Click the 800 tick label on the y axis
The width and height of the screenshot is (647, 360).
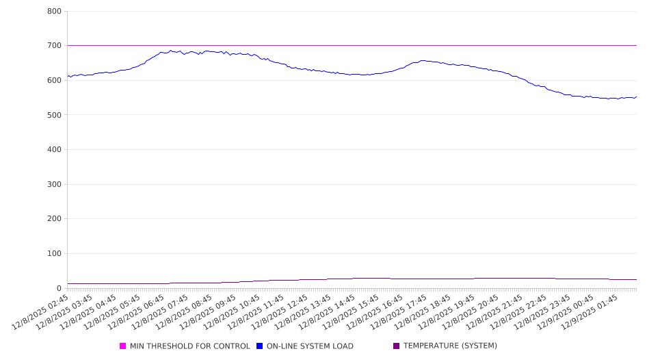point(55,12)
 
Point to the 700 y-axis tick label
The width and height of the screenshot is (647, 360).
point(55,46)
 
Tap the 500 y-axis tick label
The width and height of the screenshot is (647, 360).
point(55,115)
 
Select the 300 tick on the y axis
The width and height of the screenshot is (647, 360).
point(55,184)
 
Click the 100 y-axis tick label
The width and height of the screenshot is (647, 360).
point(55,254)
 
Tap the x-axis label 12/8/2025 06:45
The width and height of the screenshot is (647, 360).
point(142,312)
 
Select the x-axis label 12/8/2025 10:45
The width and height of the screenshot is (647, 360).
point(243,312)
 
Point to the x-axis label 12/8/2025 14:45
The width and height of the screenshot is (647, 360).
point(344,312)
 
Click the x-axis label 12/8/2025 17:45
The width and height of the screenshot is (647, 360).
point(419,312)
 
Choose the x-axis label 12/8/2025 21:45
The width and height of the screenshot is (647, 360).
point(520,312)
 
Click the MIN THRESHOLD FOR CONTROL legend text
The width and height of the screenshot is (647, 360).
point(189,346)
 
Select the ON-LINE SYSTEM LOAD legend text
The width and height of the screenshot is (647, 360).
point(310,346)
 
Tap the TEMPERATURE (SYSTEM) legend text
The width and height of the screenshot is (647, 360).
point(449,346)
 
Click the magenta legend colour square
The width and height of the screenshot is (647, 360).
point(123,346)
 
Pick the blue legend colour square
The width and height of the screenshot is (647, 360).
point(260,346)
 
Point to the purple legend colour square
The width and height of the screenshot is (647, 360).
point(397,346)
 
